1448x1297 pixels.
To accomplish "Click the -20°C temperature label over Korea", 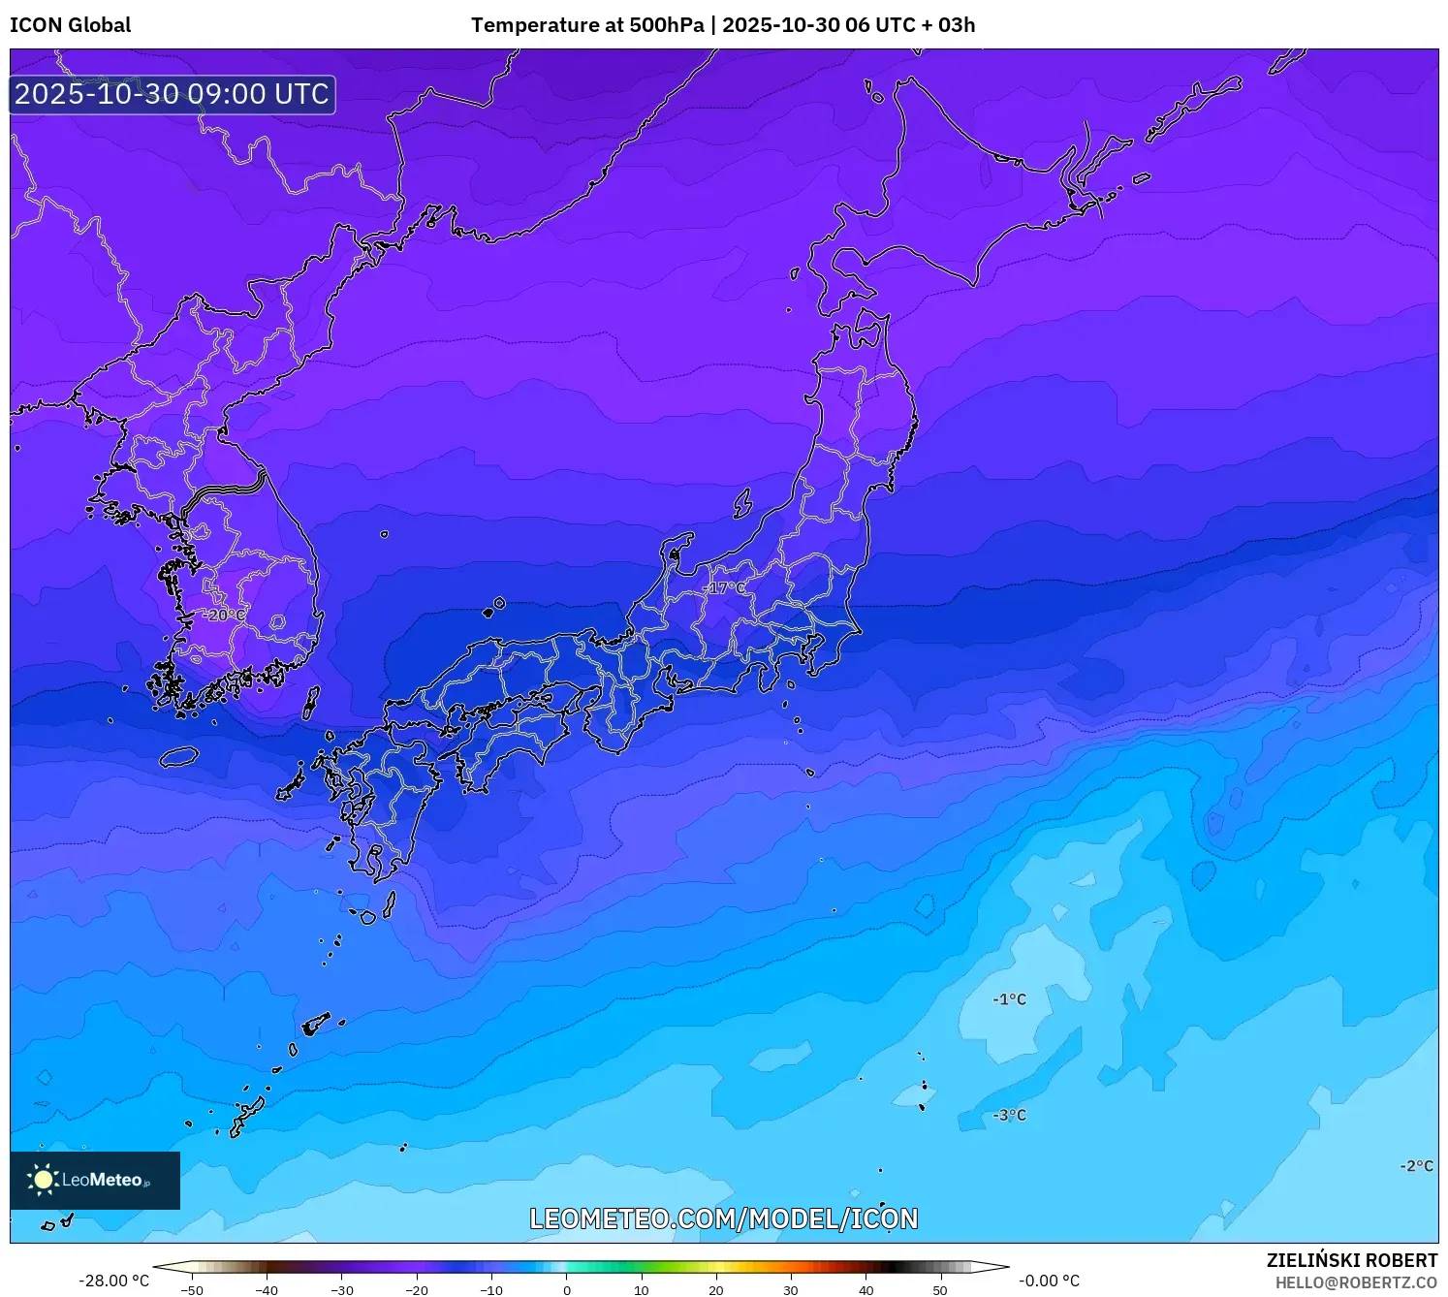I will (224, 615).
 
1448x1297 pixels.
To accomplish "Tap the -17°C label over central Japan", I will (724, 587).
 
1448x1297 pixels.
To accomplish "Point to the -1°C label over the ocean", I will (1009, 999).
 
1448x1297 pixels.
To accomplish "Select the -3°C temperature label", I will (1009, 1115).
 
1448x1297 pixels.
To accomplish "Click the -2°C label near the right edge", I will (1416, 1166).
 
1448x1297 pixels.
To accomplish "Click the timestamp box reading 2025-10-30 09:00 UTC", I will (173, 94).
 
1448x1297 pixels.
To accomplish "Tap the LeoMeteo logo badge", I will (95, 1180).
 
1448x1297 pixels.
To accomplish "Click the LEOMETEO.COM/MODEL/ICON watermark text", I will (723, 1218).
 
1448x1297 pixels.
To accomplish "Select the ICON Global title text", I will (71, 25).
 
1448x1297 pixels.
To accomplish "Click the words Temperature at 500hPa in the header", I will (587, 25).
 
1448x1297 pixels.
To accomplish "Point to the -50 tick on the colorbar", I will (192, 1289).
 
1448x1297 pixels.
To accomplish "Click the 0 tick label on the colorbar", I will (567, 1289).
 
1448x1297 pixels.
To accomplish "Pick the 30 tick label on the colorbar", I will (791, 1289).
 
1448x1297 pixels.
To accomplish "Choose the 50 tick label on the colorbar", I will (940, 1289).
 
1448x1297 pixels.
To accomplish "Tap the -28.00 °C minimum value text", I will (114, 1281).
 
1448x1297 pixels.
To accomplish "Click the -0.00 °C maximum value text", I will (1049, 1281).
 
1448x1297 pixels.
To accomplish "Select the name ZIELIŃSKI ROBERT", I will (1352, 1260).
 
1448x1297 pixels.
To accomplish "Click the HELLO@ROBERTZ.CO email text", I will (1356, 1282).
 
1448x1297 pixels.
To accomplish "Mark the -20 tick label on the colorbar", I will (417, 1289).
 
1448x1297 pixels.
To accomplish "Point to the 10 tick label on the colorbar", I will (642, 1289).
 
